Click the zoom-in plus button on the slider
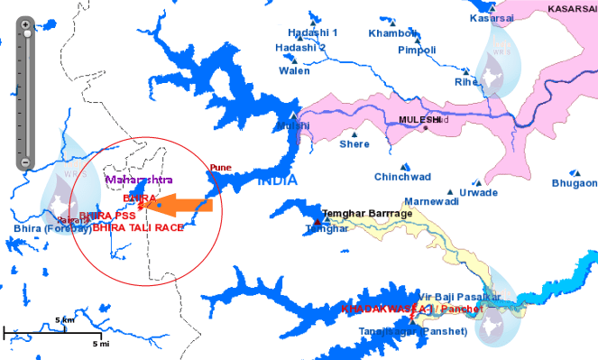click(x=28, y=23)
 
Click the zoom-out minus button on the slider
click(x=28, y=163)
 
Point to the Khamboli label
click(x=392, y=33)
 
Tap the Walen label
click(x=294, y=69)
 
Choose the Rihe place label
click(x=466, y=81)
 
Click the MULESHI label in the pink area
click(x=419, y=119)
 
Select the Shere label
click(x=354, y=143)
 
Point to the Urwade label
click(x=478, y=192)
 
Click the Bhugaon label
click(x=575, y=183)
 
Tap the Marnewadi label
click(x=431, y=201)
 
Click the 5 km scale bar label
click(x=64, y=320)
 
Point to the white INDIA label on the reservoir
click(x=277, y=180)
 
